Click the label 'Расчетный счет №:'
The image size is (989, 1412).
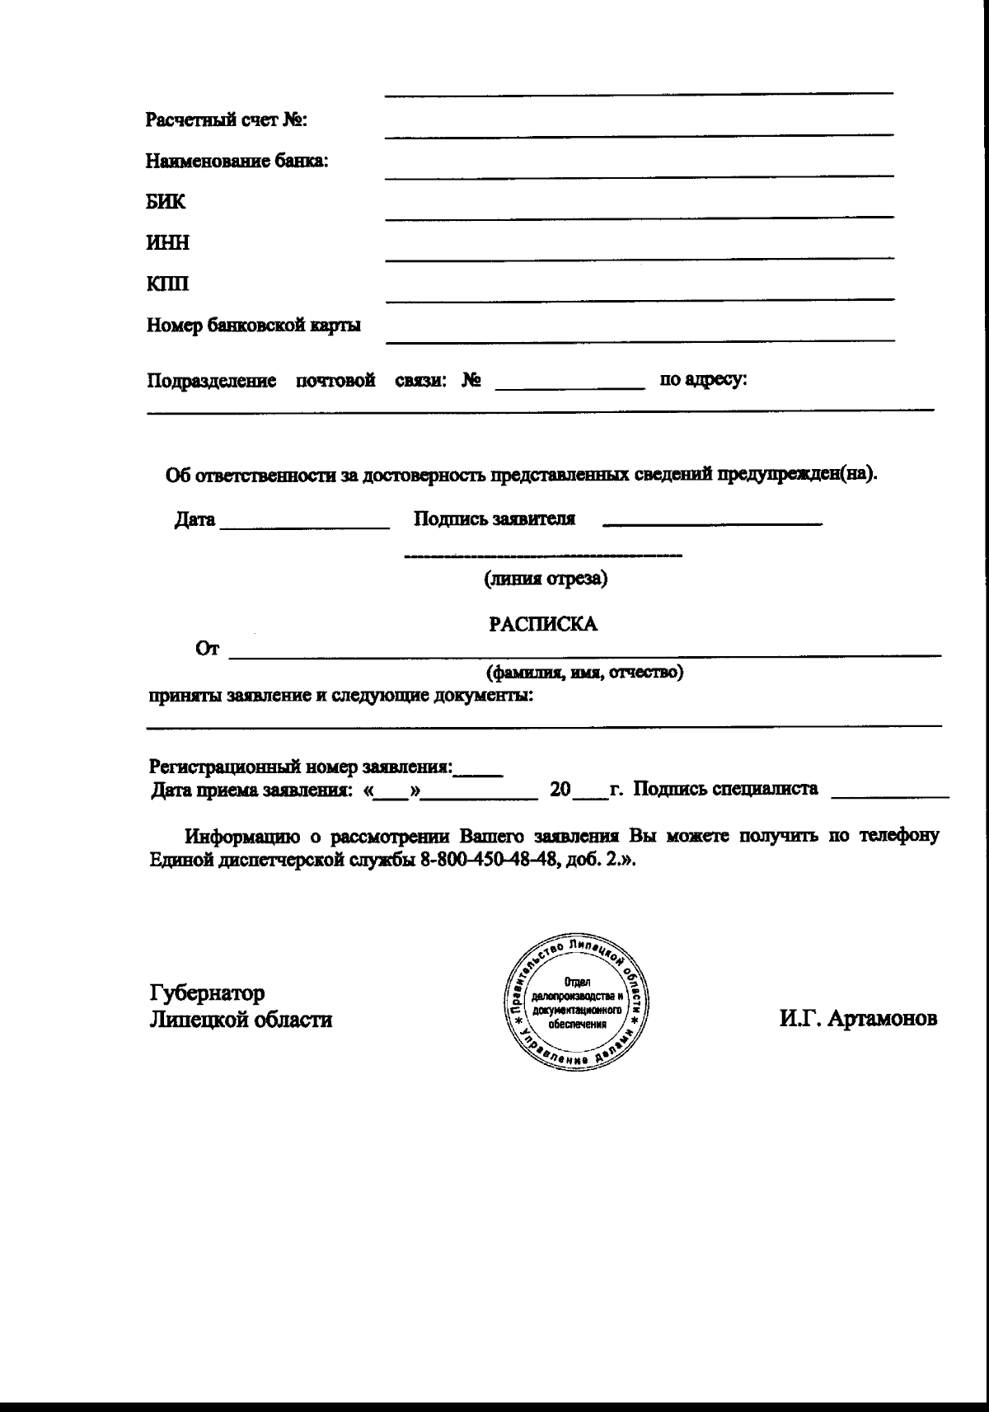[x=227, y=120]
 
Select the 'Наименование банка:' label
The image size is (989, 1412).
[x=237, y=161]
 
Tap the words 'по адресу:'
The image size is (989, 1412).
[x=703, y=380]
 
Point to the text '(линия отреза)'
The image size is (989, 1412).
[x=545, y=579]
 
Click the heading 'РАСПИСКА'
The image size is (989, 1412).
[x=544, y=624]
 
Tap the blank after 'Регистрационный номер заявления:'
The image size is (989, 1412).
[x=480, y=772]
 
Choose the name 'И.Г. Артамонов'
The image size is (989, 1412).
[x=858, y=1019]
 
